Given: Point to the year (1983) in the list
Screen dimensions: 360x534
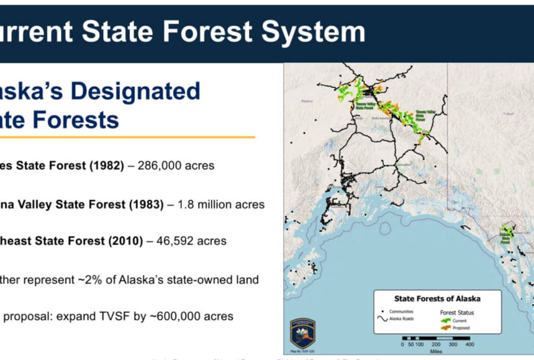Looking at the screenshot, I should tap(145, 204).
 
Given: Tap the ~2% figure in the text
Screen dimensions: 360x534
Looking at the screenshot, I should tap(95, 279).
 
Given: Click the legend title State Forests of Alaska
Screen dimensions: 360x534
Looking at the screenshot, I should tap(437, 299).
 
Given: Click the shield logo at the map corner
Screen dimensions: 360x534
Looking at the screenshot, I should tap(302, 333).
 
